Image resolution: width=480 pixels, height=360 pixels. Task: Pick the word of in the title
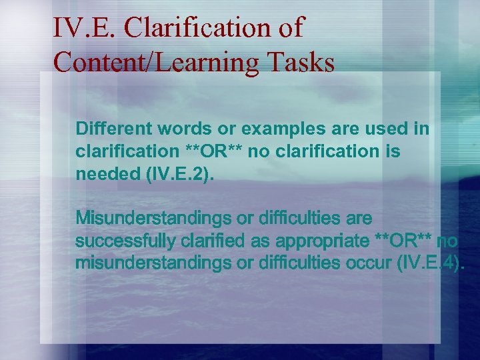(x=292, y=28)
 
